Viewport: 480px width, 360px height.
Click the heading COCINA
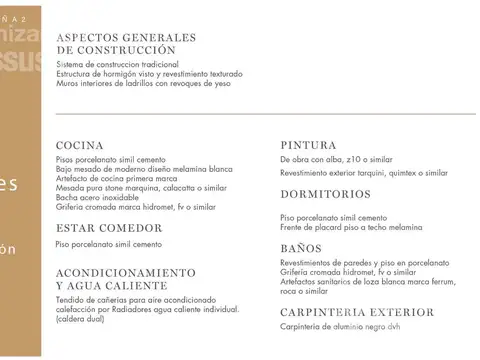[80, 145]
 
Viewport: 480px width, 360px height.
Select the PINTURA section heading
[308, 145]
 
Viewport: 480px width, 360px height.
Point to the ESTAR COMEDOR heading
[109, 227]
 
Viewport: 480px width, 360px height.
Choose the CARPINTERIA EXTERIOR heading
[357, 312]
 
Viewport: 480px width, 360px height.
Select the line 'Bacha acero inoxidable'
[98, 198]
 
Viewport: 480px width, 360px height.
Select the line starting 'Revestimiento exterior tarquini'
[364, 172]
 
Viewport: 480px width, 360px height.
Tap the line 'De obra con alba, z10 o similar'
[336, 160]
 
